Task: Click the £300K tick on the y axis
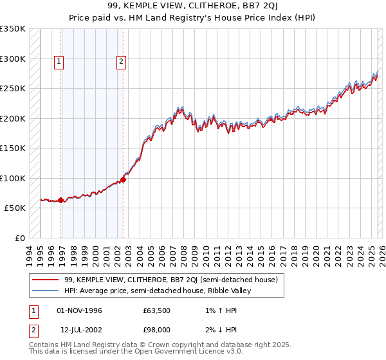14,59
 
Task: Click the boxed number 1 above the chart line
59,62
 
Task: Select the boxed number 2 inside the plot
121,62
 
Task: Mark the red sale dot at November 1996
61,200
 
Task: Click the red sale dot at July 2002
124,179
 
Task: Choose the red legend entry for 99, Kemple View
170,280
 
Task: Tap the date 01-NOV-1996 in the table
80,311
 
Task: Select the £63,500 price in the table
156,311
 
